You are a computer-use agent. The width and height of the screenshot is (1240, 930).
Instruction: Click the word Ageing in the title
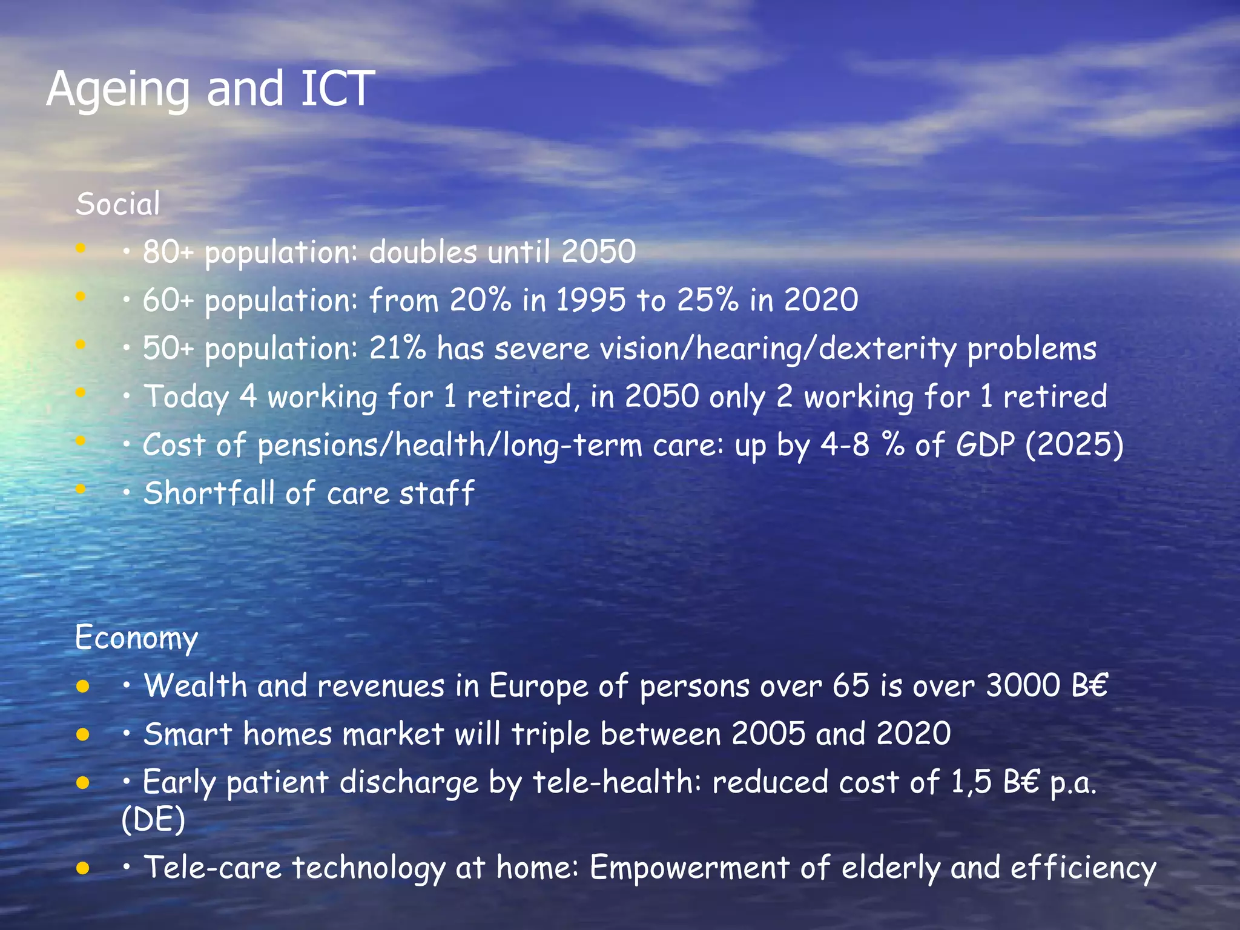coord(117,90)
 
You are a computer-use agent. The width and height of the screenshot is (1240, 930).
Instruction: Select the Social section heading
coord(118,203)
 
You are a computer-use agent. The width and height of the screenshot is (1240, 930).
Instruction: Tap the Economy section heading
coord(136,638)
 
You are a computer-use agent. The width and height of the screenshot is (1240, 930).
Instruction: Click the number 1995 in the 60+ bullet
coord(590,300)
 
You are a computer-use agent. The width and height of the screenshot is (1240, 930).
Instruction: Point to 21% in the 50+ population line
coord(397,348)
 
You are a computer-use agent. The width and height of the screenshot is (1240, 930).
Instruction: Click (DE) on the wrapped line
coord(153,820)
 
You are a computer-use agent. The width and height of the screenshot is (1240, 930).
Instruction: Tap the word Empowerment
coord(690,868)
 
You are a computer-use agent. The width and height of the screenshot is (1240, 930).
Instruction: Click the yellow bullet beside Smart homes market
coord(83,735)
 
